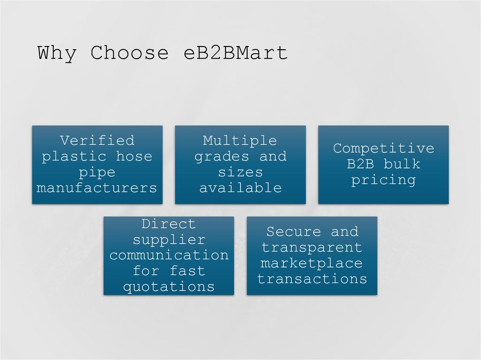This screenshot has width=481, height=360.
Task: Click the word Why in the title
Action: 56,53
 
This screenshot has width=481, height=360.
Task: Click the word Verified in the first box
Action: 97,140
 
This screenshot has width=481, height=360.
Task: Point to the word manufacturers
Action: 97,188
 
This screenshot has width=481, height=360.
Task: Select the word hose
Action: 134,156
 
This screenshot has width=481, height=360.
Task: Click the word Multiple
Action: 240,140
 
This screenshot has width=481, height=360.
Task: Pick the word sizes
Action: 240,172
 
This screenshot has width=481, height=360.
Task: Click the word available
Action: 240,188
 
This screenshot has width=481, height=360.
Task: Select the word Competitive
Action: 383,148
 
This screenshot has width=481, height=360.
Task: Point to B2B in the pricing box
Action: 361,164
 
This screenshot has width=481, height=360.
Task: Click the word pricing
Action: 383,180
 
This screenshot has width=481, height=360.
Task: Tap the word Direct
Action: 169,223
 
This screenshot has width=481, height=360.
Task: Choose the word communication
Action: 169,255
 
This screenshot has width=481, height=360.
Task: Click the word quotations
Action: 169,287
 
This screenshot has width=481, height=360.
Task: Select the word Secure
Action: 294,231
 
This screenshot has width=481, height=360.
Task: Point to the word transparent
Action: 312,247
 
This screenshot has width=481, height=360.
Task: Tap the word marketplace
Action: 312,263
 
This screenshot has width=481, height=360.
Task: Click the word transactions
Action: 312,279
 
